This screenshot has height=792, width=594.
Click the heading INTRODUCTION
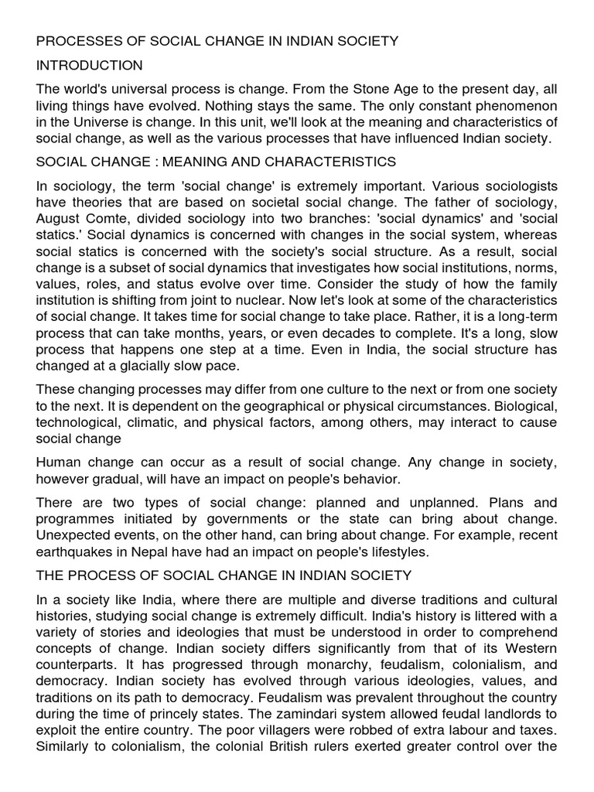click(84, 65)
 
